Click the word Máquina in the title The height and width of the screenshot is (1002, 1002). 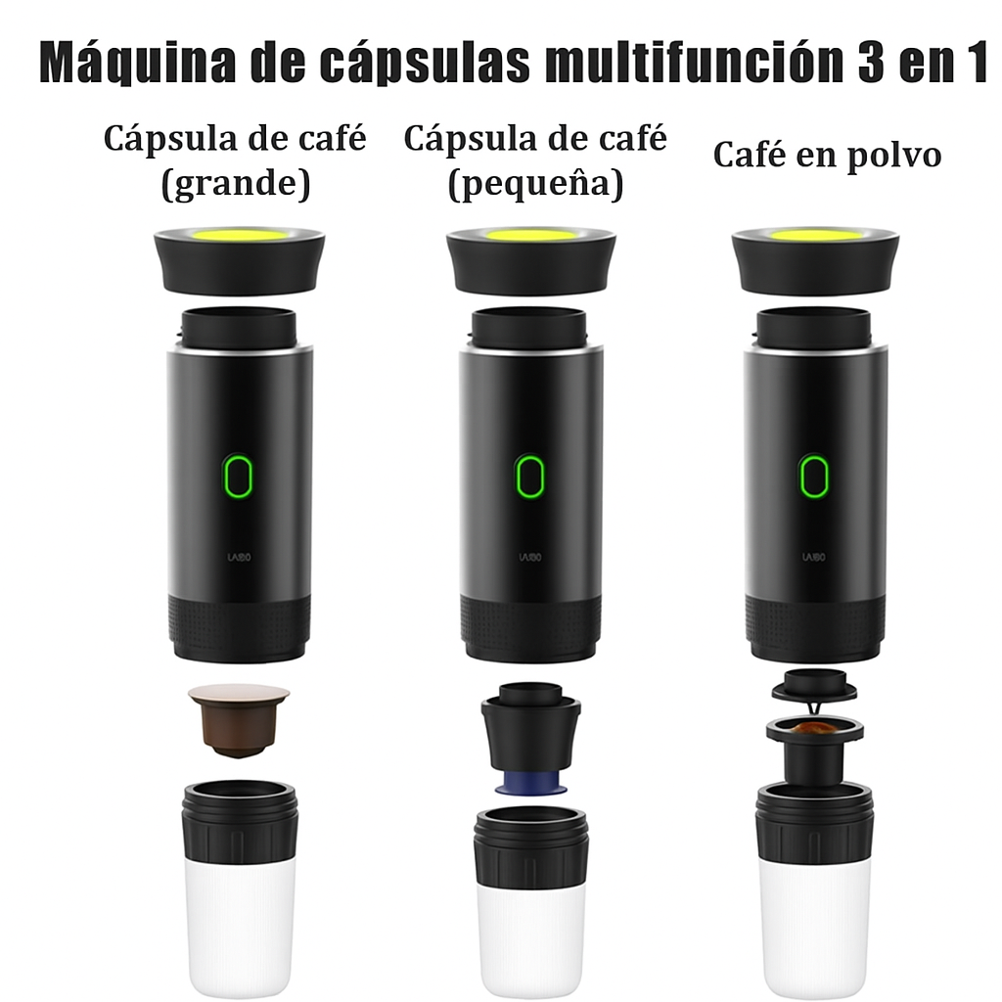[137, 63]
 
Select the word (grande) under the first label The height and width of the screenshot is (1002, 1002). [236, 183]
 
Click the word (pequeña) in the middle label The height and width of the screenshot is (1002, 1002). [535, 184]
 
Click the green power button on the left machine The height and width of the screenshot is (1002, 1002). [238, 476]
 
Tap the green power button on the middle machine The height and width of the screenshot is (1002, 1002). [529, 477]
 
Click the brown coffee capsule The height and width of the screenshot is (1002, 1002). [239, 720]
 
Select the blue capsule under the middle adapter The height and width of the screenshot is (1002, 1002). [530, 783]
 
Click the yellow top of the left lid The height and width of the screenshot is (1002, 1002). [239, 235]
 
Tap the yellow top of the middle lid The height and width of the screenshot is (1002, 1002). [531, 236]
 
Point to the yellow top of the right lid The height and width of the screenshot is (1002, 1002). [815, 236]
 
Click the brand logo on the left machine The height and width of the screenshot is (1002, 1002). [239, 557]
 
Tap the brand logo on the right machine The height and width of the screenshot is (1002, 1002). [813, 557]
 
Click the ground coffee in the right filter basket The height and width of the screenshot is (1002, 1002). [815, 728]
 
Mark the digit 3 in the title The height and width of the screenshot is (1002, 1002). [870, 63]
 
